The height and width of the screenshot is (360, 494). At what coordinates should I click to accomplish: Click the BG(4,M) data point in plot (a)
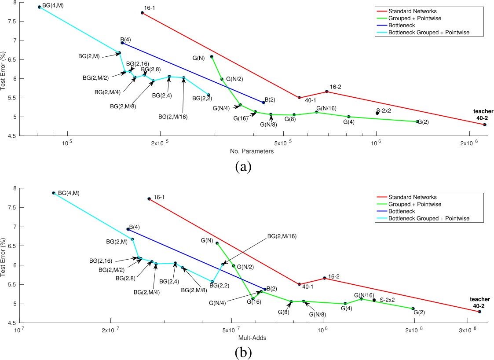tap(40, 7)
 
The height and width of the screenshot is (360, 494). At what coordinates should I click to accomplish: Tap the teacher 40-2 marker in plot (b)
tap(479, 312)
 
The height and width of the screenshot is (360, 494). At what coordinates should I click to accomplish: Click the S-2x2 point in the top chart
tap(377, 113)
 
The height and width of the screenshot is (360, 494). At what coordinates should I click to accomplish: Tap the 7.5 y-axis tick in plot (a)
tap(11, 21)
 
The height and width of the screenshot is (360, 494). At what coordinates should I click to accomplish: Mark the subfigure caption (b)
tap(243, 352)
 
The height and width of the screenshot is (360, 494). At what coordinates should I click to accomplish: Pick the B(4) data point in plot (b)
tap(128, 229)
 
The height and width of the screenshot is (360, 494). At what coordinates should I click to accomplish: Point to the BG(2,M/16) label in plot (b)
tap(282, 236)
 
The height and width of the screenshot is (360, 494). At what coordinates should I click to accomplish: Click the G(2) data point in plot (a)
tap(417, 121)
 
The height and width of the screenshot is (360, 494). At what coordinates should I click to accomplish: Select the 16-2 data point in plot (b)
tap(324, 278)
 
